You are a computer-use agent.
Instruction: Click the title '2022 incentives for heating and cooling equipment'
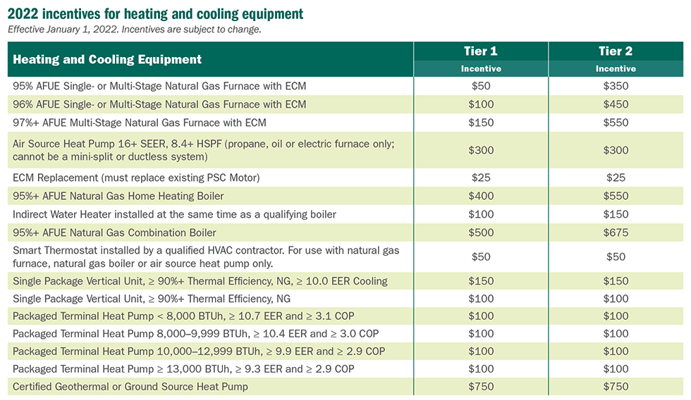(156, 13)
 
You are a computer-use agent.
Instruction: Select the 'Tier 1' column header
(481, 51)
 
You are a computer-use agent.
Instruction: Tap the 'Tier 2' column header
(616, 51)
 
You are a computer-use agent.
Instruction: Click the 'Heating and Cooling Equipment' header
(107, 60)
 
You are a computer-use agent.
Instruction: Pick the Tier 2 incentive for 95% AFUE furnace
(616, 86)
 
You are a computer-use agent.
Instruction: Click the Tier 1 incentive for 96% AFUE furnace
(481, 104)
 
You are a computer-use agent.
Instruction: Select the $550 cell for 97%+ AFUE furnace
(616, 123)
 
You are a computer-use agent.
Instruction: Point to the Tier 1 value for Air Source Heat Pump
(481, 150)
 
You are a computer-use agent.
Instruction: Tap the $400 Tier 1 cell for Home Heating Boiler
(481, 196)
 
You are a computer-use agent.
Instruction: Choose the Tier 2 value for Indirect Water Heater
(616, 214)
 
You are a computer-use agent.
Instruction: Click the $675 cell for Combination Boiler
(616, 232)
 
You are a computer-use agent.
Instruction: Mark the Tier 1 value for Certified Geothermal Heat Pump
(481, 386)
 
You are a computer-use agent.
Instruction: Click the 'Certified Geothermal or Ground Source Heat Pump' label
(130, 386)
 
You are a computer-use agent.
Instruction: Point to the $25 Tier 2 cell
(616, 177)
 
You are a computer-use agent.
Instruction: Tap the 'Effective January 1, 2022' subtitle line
(134, 29)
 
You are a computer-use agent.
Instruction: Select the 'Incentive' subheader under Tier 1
(481, 69)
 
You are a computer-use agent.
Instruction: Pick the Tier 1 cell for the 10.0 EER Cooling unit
(481, 281)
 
